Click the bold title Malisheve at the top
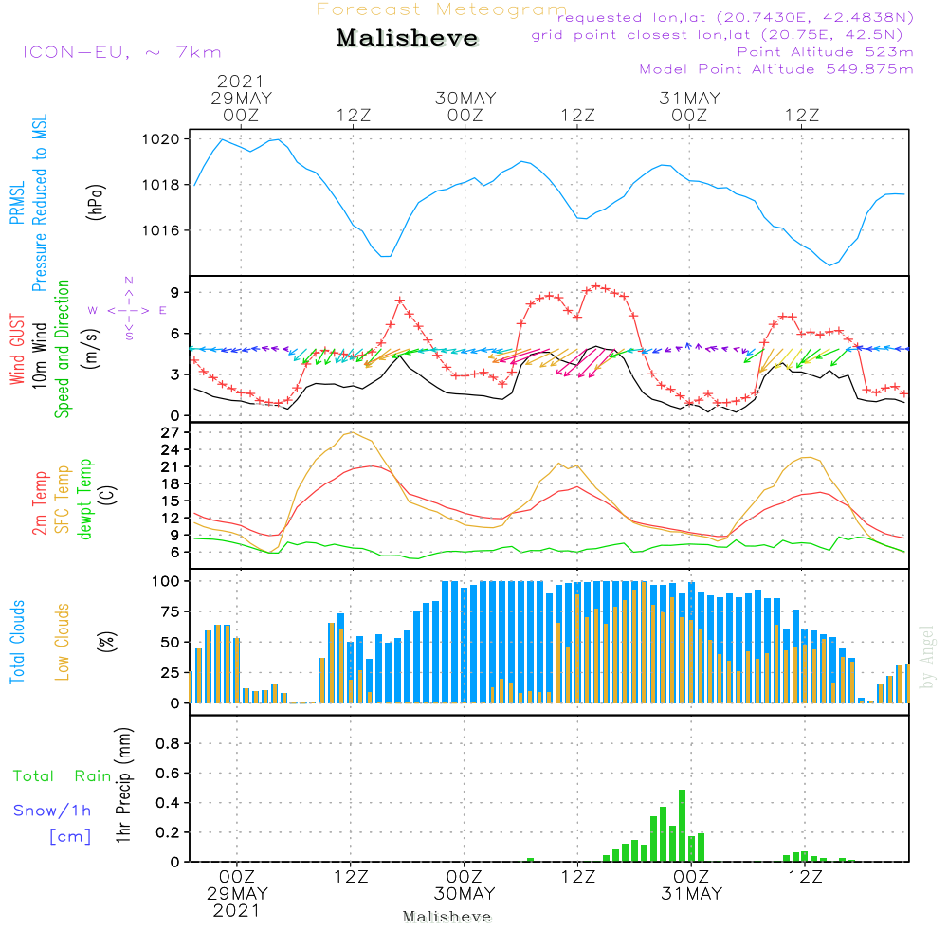click(407, 39)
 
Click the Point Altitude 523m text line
click(825, 52)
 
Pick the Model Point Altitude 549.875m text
click(776, 69)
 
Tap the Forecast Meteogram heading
click(442, 9)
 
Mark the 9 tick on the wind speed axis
click(175, 292)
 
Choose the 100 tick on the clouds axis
click(167, 580)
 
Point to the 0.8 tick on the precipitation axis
click(167, 743)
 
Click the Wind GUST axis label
click(18, 350)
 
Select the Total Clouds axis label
click(18, 642)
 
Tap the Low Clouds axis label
click(63, 642)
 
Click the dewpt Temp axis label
click(85, 500)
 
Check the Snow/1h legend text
click(52, 811)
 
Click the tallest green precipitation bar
click(682, 826)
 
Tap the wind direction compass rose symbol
click(128, 310)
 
